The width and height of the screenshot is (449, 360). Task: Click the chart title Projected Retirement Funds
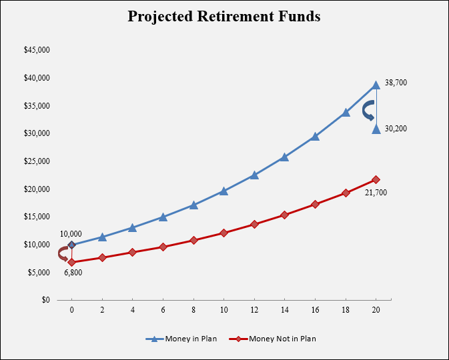(x=224, y=17)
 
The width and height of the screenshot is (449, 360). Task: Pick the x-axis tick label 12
(x=254, y=311)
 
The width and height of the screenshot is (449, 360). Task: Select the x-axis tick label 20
(x=376, y=311)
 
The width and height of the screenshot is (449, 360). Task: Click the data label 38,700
(x=396, y=83)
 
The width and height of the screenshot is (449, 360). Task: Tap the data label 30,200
(x=396, y=129)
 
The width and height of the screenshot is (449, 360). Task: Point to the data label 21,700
(x=376, y=193)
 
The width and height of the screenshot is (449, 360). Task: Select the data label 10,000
(x=71, y=234)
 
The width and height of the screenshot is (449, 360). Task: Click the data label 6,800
(x=73, y=273)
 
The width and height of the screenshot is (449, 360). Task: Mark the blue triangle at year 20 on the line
(x=376, y=85)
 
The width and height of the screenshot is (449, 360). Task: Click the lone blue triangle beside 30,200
(x=376, y=129)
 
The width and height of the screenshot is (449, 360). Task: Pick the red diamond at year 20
(x=376, y=179)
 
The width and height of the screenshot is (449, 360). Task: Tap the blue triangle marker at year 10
(x=224, y=191)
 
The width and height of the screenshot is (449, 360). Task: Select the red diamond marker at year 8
(x=193, y=240)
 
